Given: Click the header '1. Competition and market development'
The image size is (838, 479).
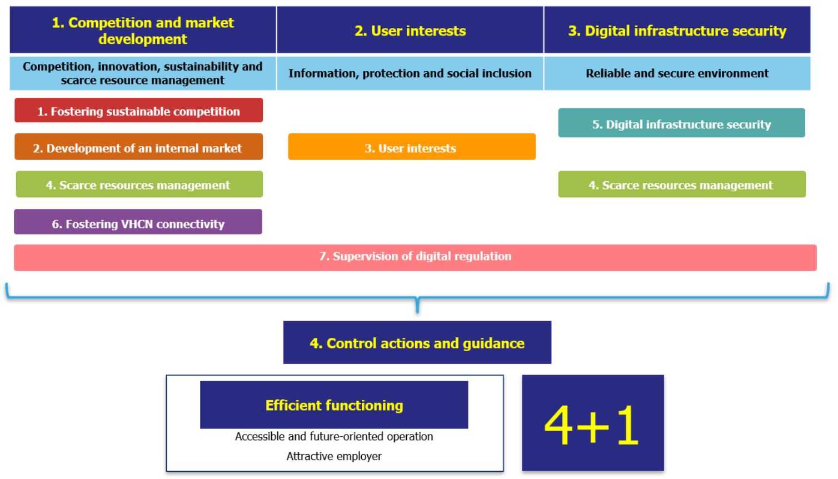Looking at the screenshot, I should point(143,31).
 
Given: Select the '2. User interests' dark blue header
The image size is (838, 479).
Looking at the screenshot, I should point(410,31).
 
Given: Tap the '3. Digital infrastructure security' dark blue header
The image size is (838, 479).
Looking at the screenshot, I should point(677,31).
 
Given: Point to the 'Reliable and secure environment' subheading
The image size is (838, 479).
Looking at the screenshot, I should point(677,73).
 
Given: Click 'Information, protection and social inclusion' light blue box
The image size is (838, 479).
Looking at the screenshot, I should point(410,73).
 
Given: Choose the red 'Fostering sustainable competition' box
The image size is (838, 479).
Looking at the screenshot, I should point(138,111).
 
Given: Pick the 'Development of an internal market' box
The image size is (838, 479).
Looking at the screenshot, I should point(138,148).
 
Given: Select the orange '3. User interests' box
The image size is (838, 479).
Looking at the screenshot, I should point(411,148).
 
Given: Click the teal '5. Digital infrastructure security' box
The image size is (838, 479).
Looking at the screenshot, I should point(681,124).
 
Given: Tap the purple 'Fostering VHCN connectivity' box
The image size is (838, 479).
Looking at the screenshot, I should point(138,223).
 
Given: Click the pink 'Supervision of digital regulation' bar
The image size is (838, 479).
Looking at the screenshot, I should point(415,257).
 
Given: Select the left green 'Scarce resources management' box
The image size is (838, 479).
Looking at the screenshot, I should point(138,185).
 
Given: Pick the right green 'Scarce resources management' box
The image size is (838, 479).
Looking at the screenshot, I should point(681,185).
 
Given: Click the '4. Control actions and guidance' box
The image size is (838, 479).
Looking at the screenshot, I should point(417,343).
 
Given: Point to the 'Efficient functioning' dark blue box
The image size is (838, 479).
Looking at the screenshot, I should point(334,405).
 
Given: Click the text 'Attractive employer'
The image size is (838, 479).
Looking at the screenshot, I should point(334,456).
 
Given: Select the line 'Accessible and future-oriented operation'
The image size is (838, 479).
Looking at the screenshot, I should point(334,436).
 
